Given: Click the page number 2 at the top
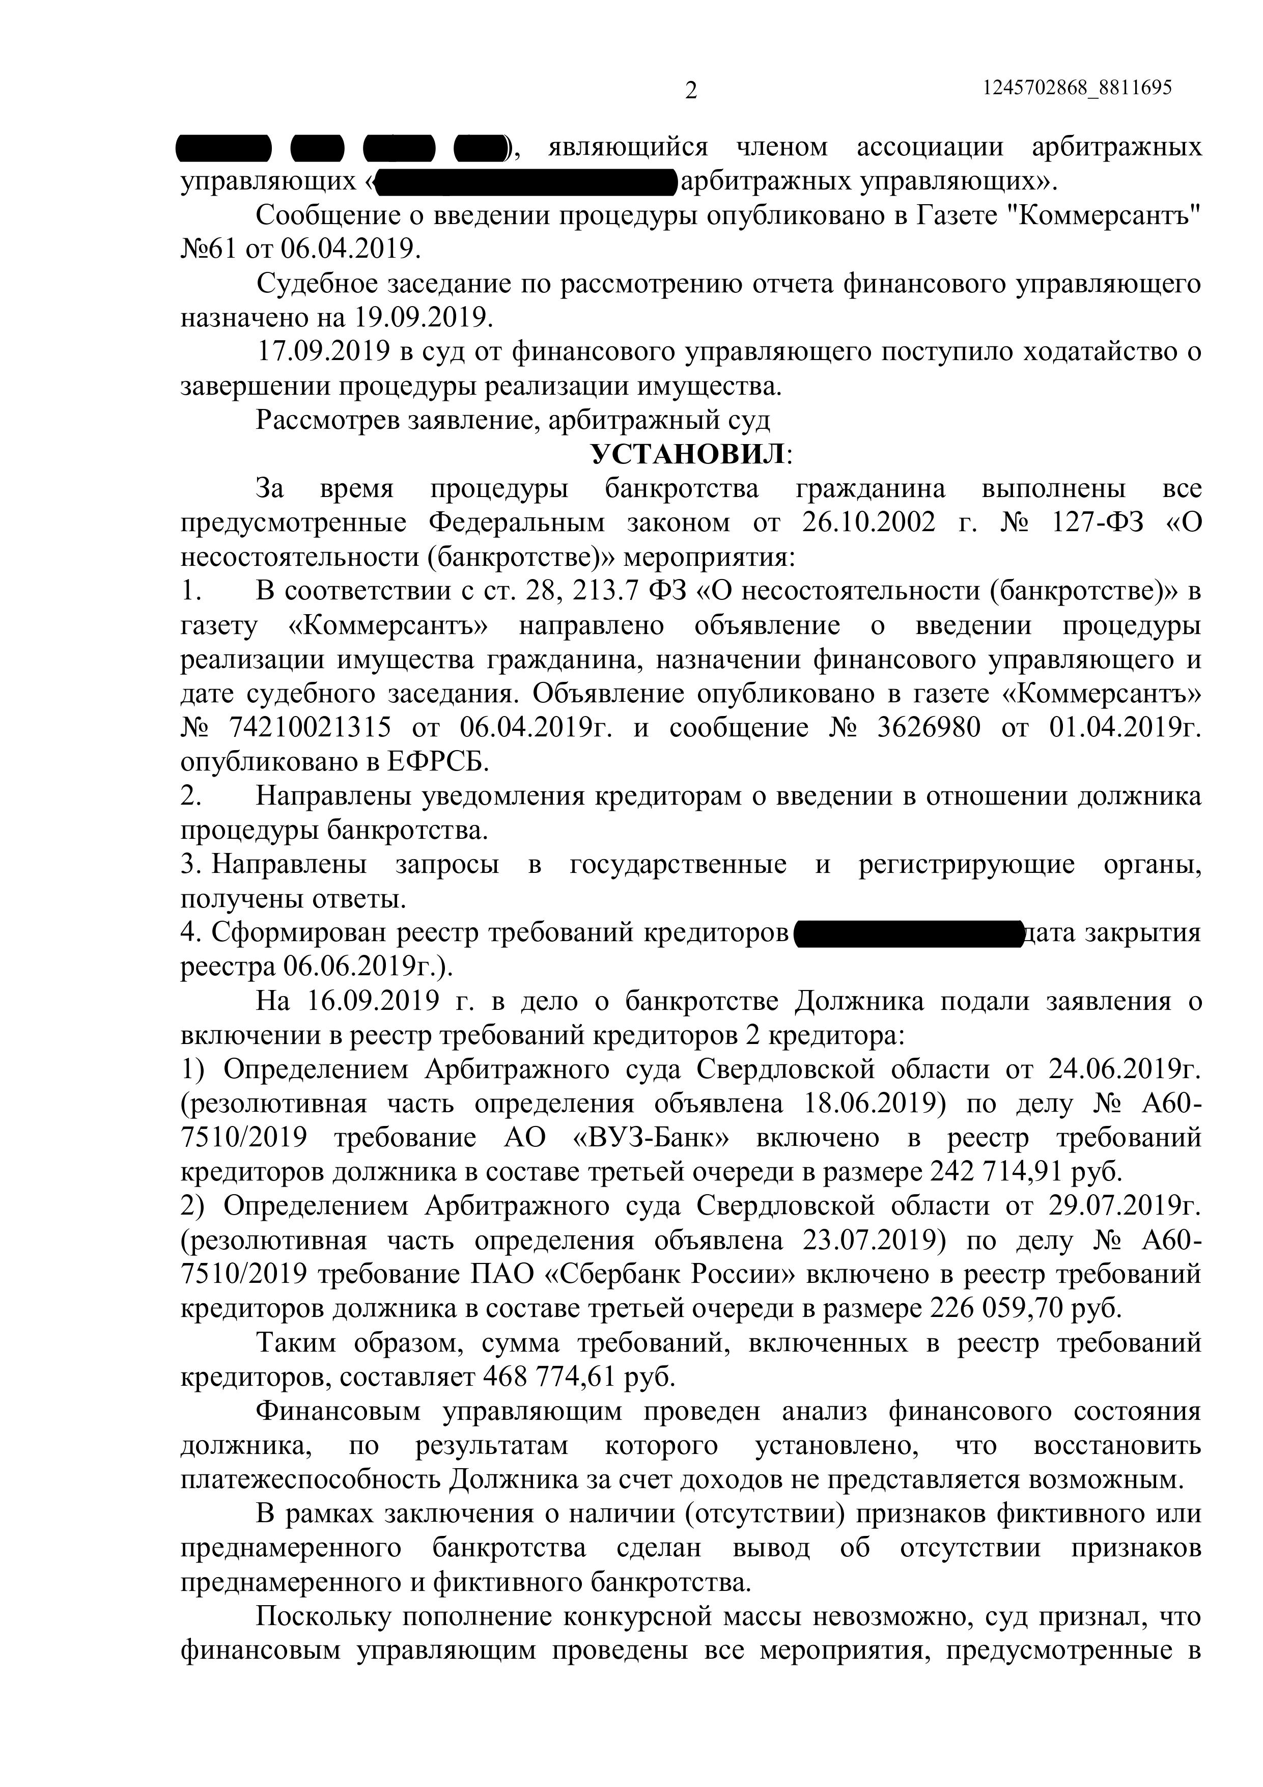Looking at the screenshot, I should point(690,92).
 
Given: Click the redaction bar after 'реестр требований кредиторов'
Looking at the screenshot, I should point(908,932).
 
